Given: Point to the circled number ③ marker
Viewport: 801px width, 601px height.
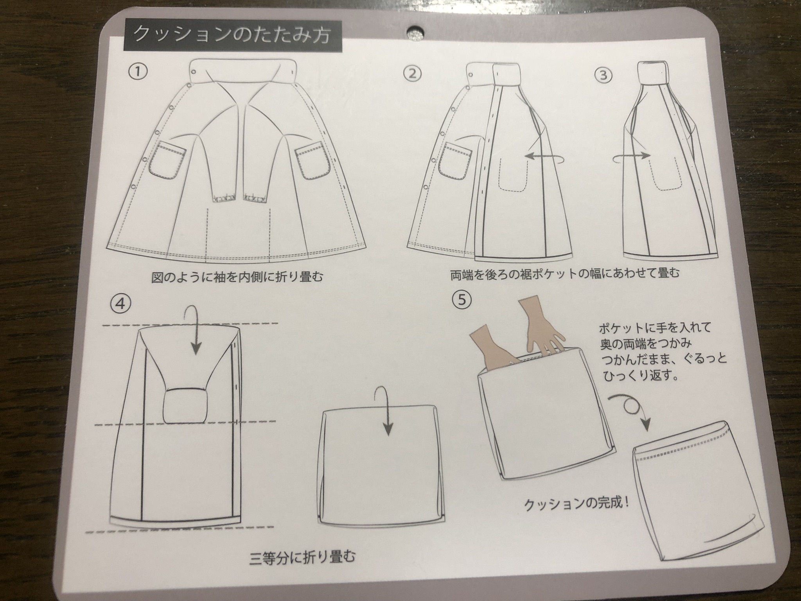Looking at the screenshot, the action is (603, 75).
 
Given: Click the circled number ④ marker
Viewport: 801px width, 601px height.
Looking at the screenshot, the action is (120, 304).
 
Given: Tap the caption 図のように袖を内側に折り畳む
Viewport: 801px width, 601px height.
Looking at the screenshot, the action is (237, 277).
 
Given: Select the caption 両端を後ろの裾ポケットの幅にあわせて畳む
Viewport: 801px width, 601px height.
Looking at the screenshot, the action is (565, 273).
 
